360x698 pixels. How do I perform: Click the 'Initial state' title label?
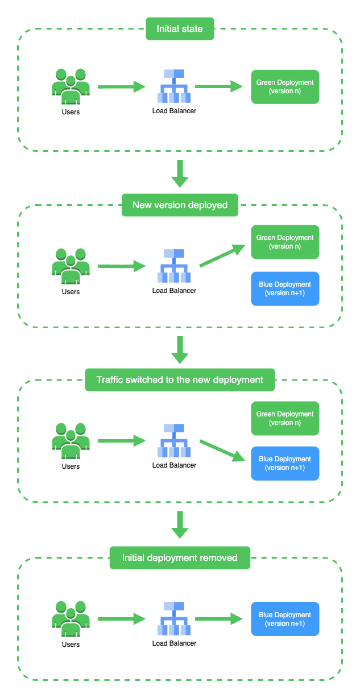[180, 28]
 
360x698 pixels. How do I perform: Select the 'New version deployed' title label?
[180, 205]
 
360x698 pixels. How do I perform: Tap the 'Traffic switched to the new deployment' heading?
[180, 379]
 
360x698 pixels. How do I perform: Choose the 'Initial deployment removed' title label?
[180, 557]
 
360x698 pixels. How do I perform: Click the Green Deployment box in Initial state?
[285, 87]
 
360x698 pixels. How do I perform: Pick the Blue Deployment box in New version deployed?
[285, 288]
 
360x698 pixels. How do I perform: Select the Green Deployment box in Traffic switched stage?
[285, 418]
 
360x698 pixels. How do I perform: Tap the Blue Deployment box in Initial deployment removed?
[285, 619]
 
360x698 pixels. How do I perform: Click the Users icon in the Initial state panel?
[71, 86]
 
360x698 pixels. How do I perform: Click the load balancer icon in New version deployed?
[174, 266]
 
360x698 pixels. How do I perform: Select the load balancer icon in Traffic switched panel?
[174, 441]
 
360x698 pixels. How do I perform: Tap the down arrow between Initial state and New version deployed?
[180, 174]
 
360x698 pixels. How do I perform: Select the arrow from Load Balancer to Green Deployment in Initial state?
[219, 86]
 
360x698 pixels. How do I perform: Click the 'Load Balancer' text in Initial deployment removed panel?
[174, 643]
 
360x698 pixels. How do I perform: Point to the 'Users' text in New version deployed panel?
[71, 292]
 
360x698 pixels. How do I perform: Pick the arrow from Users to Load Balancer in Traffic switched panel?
[122, 440]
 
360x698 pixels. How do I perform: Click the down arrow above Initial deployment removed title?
[180, 524]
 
